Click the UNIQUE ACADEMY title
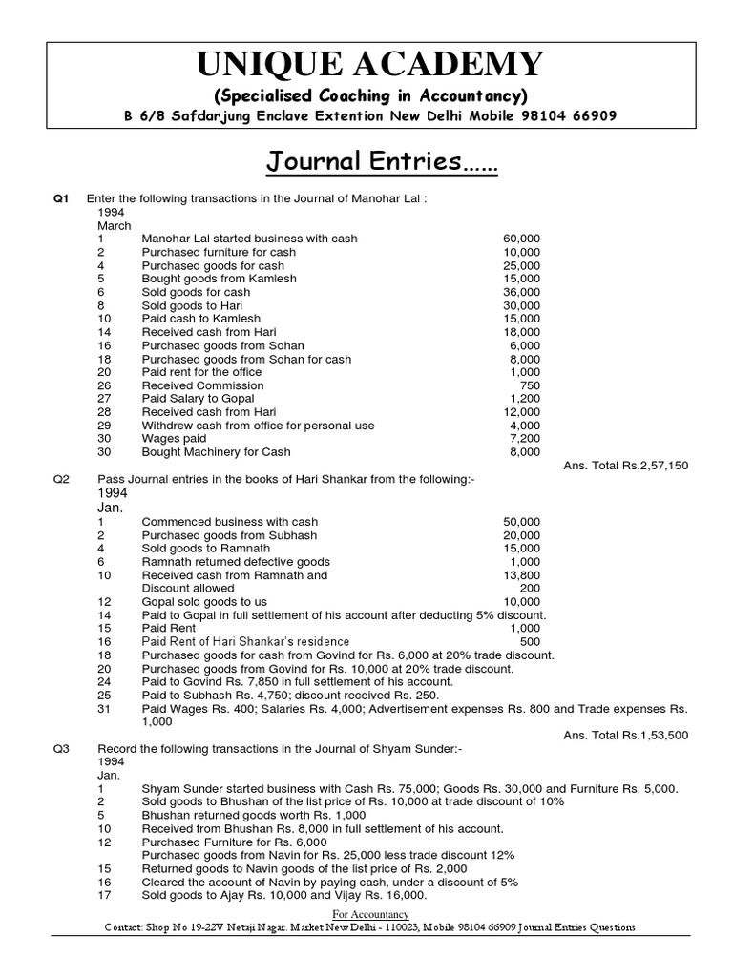point(370,64)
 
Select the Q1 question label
point(62,198)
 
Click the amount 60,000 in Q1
point(521,239)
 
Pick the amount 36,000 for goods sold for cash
point(521,292)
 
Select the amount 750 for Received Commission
point(530,385)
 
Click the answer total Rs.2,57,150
point(626,465)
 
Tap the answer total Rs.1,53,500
point(626,735)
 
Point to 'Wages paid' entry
point(175,439)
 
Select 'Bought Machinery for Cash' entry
point(217,452)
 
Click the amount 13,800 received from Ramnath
point(521,575)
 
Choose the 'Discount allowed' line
point(188,589)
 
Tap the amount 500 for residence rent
point(530,642)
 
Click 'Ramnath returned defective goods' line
point(236,562)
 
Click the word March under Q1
point(115,225)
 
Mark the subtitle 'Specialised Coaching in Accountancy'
point(369,96)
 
